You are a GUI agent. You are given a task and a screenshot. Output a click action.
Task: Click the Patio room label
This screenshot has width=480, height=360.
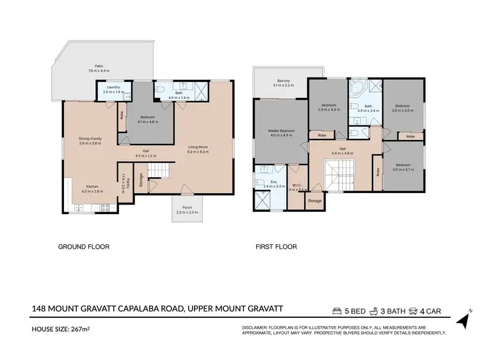pyautogui.click(x=99, y=65)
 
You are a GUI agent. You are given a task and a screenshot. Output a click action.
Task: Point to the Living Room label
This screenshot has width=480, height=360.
pyautogui.click(x=199, y=146)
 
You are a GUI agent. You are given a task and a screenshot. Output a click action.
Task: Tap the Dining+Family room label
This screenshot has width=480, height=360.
pyautogui.click(x=90, y=139)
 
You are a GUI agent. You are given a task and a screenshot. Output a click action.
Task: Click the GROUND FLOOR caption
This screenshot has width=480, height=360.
pyautogui.click(x=84, y=246)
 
